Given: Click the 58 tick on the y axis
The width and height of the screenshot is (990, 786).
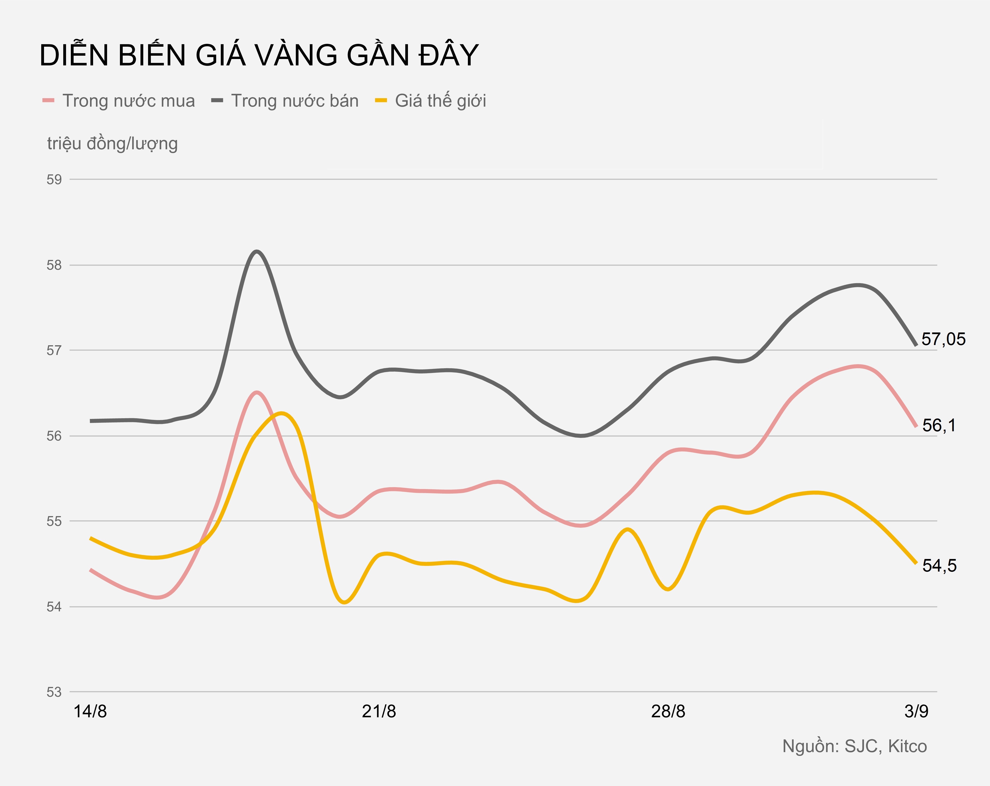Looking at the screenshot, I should tap(54, 265).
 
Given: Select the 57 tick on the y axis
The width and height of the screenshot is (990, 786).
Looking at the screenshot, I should tap(54, 350).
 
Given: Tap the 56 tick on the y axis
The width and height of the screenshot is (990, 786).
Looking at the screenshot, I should tap(54, 436).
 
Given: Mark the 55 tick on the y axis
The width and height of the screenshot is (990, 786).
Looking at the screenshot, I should tap(54, 521).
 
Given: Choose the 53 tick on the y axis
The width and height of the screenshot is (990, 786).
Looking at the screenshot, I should tap(54, 692).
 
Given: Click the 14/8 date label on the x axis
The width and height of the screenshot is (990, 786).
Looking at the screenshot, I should tap(90, 712).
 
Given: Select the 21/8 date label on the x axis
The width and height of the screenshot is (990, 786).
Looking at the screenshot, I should tap(379, 712).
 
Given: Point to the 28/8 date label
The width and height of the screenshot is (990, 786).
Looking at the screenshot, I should tap(668, 712).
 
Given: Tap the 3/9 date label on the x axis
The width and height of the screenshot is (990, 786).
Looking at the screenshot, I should tap(916, 712).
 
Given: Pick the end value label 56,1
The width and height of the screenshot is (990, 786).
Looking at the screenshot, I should tap(939, 425).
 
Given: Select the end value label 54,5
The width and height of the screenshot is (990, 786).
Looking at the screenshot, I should tap(939, 565).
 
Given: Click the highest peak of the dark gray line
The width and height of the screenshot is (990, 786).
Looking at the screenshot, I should tap(257, 251).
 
